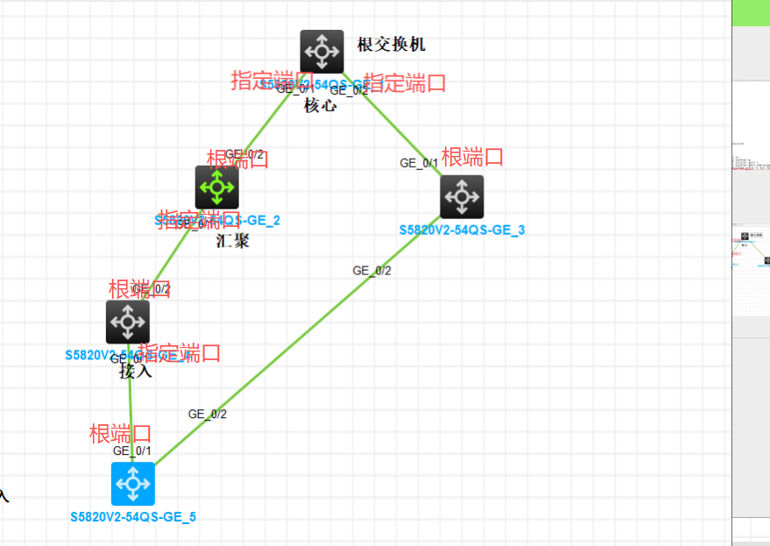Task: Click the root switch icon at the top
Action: coord(321,51)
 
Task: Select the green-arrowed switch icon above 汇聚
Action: coord(216,187)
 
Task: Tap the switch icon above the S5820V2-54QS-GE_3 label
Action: coord(462,196)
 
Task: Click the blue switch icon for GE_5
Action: coord(133,483)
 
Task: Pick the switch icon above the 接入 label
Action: coord(128,322)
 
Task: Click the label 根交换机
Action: coord(392,45)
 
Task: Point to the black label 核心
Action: coord(321,106)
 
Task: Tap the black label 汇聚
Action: coord(232,240)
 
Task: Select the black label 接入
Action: coord(136,371)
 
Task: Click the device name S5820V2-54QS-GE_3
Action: coord(462,230)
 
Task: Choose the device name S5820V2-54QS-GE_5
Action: coord(133,516)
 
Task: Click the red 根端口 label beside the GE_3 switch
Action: coord(473,158)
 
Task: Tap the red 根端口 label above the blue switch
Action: coord(121,434)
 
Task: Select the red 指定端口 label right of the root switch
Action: coord(405,83)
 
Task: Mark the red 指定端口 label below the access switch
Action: coord(180,353)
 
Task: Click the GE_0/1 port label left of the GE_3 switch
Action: coord(419,163)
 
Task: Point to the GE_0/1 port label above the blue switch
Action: coord(132,450)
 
